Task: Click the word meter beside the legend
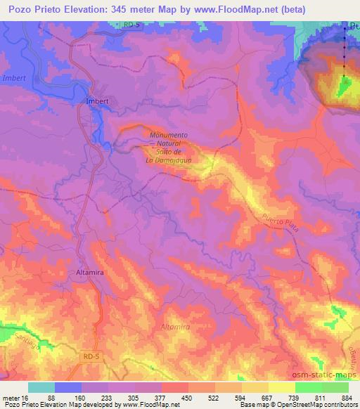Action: pyautogui.click(x=11, y=398)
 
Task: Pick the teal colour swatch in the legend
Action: pyautogui.click(x=41, y=387)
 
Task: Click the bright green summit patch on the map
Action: pyautogui.click(x=345, y=86)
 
